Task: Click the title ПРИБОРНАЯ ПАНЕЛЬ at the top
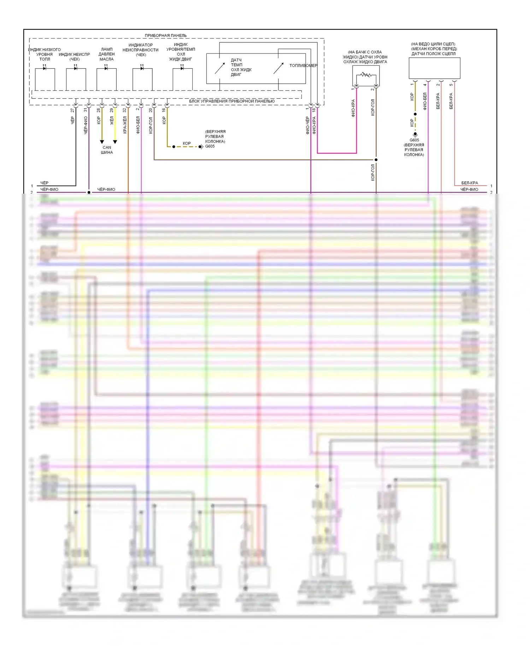pos(165,35)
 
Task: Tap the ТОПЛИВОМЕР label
pos(303,65)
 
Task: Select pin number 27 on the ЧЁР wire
pos(72,110)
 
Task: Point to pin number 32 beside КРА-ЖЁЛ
pos(124,110)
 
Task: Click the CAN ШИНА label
pos(107,150)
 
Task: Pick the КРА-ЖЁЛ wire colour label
pos(124,125)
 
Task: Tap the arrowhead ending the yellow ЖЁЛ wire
pos(115,142)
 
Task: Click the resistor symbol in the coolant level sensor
pos(366,75)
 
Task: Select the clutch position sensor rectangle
pos(434,68)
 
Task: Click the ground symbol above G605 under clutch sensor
pos(415,135)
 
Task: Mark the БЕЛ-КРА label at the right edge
pos(469,183)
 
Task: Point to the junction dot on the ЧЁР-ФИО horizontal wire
pos(89,192)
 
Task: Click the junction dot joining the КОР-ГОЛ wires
pos(376,160)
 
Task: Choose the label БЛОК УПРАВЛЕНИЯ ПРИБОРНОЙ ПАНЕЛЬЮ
pos(231,101)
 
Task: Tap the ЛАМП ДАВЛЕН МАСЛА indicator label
pos(106,54)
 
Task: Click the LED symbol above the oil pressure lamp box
pos(106,68)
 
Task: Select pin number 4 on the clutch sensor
pos(425,85)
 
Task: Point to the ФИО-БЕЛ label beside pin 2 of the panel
pos(138,125)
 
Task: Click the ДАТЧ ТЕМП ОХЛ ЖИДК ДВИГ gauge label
pos(241,67)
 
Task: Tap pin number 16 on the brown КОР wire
pos(164,110)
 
